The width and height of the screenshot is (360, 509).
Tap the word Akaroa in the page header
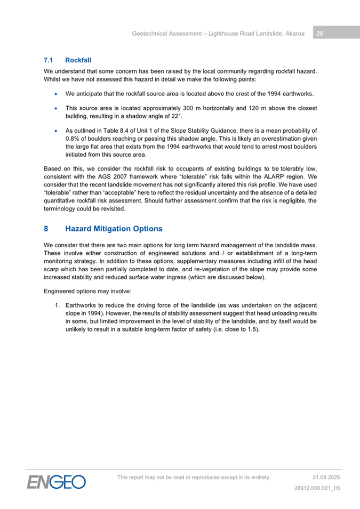(x=293, y=34)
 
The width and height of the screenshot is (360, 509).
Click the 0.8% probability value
(x=73, y=139)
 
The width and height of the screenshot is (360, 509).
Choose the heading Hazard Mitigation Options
(x=114, y=229)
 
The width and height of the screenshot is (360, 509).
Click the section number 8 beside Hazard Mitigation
(x=46, y=229)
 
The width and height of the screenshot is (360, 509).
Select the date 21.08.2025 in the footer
(x=326, y=477)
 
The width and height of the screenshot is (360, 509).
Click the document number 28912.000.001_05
(x=317, y=488)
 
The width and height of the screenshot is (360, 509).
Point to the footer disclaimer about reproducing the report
(x=194, y=477)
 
